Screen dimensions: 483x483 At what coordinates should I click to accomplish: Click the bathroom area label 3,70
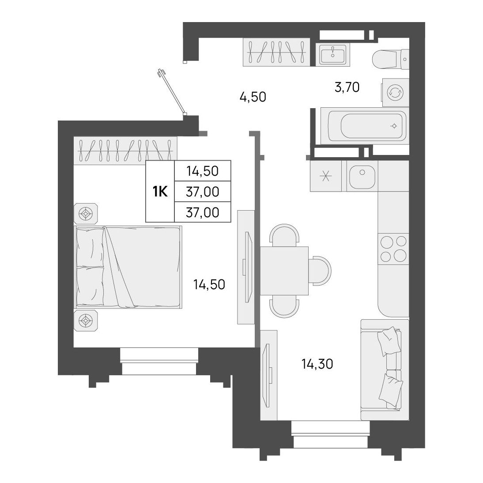click(347, 87)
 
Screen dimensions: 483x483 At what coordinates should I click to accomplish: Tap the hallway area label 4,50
click(253, 97)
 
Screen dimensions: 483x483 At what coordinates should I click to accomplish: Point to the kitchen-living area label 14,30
click(317, 364)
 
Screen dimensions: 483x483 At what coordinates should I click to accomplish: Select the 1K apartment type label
click(160, 192)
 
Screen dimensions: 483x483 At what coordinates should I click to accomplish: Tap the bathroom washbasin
click(333, 54)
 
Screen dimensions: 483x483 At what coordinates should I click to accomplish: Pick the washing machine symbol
click(396, 92)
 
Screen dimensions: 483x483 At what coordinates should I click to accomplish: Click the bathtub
click(365, 126)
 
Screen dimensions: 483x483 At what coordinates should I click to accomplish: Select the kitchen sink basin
click(362, 176)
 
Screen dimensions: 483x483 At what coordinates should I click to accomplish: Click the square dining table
click(284, 271)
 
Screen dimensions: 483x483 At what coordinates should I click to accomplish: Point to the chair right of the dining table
click(320, 271)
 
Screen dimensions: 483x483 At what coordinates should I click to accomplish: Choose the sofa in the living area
click(385, 370)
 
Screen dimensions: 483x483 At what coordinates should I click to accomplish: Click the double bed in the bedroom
click(128, 268)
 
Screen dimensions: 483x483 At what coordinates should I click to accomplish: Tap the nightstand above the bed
click(86, 214)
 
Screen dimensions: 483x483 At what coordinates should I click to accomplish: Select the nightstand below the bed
click(86, 321)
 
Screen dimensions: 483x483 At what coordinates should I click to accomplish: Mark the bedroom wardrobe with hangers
click(125, 151)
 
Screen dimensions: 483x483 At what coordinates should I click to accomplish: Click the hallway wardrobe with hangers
click(276, 52)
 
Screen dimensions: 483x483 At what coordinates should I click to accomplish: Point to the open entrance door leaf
click(172, 91)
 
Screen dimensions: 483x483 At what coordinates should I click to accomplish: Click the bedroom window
click(159, 361)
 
